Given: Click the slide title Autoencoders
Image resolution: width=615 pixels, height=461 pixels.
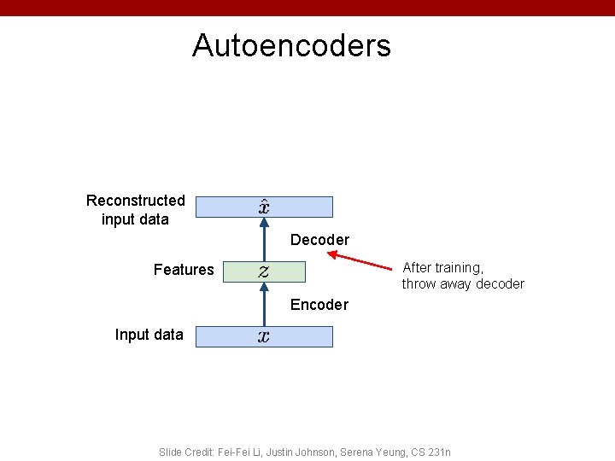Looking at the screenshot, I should [x=291, y=45].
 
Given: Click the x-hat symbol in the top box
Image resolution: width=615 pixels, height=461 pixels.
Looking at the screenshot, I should [x=265, y=207].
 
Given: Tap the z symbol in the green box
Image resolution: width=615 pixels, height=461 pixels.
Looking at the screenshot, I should [x=264, y=271].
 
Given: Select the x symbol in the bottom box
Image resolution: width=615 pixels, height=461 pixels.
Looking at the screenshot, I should [x=264, y=336].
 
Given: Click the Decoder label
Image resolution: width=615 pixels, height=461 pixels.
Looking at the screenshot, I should [x=319, y=240].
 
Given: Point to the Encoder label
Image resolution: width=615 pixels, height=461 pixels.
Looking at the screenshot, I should [x=319, y=305].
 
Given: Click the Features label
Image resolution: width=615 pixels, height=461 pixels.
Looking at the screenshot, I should [x=184, y=270].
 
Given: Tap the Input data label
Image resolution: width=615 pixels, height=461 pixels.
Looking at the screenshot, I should [x=149, y=335].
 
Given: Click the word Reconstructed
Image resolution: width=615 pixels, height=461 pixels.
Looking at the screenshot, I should [x=136, y=201].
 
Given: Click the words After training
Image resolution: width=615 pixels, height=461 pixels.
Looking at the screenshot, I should [x=442, y=268].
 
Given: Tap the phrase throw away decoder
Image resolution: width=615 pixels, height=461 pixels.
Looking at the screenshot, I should [x=463, y=284].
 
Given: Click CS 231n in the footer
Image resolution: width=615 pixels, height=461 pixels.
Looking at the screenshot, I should [x=430, y=452].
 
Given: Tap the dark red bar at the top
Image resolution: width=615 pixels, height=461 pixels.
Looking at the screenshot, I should [x=307, y=8].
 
